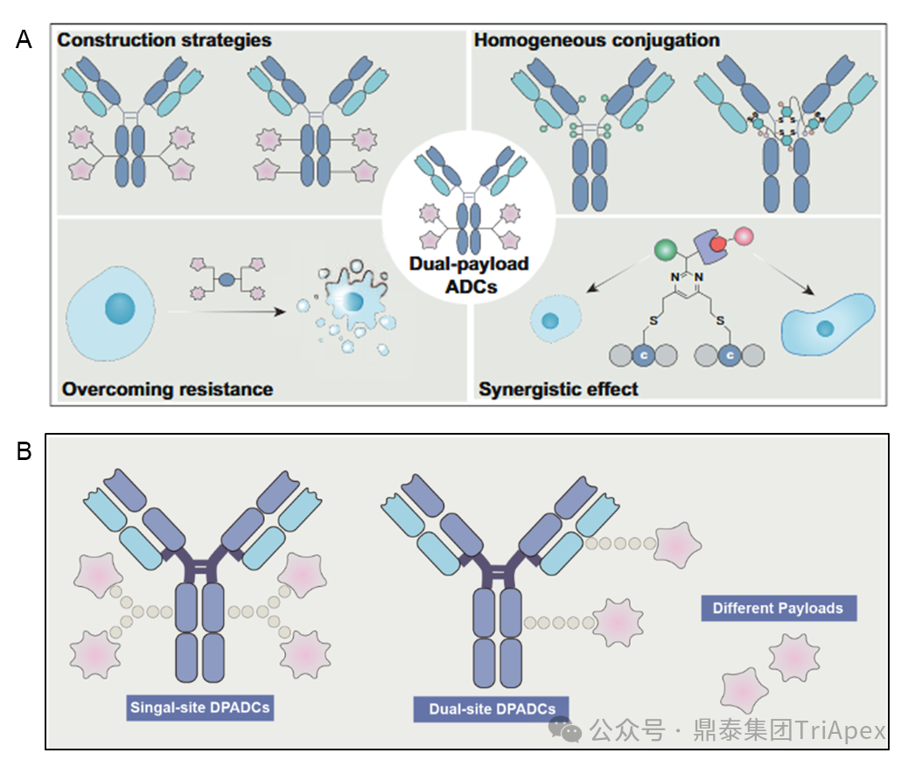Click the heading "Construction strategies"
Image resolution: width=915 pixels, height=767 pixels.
pos(164,40)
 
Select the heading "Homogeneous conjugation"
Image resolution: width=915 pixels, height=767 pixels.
pos(597,40)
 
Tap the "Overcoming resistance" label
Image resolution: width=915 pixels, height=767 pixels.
pos(167,388)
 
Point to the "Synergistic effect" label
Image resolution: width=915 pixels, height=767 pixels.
pos(558,388)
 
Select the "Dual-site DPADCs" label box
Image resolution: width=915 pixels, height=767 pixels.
pos(491,709)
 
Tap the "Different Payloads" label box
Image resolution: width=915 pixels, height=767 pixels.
pos(778,608)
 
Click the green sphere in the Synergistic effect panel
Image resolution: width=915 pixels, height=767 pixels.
pos(666,252)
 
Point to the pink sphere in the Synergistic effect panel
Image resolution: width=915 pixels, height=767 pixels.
pos(744,236)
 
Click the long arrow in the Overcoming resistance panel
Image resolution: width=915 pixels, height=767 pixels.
pos(228,310)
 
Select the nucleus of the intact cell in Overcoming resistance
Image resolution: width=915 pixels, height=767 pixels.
pos(120,308)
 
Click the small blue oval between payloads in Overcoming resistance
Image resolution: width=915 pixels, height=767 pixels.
pos(227,280)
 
